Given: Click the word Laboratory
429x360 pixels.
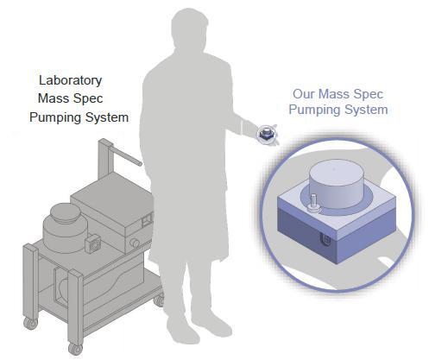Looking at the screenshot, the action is pyautogui.click(x=70, y=81).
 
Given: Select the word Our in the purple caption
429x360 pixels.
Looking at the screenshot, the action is pyautogui.click(x=304, y=94).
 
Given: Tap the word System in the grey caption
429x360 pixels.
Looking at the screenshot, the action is pyautogui.click(x=108, y=117).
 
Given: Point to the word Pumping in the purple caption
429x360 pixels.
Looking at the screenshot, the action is pyautogui.click(x=315, y=110).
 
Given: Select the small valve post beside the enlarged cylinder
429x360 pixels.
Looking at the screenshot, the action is pyautogui.click(x=313, y=204).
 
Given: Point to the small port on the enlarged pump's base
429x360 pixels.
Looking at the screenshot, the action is pyautogui.click(x=325, y=240).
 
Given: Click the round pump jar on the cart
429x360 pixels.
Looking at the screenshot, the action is pyautogui.click(x=64, y=228).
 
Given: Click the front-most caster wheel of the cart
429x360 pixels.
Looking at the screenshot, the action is pyautogui.click(x=76, y=349).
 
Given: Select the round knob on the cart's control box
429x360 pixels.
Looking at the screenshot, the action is pyautogui.click(x=135, y=243).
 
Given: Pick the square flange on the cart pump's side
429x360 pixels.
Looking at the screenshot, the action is pyautogui.click(x=93, y=243).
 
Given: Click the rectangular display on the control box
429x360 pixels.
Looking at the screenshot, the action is pyautogui.click(x=147, y=220).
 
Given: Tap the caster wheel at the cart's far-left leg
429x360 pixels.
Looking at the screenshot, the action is pyautogui.click(x=30, y=323).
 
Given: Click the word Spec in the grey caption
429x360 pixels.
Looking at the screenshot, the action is pyautogui.click(x=89, y=99).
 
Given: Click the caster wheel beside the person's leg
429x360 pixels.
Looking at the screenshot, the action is pyautogui.click(x=159, y=300).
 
